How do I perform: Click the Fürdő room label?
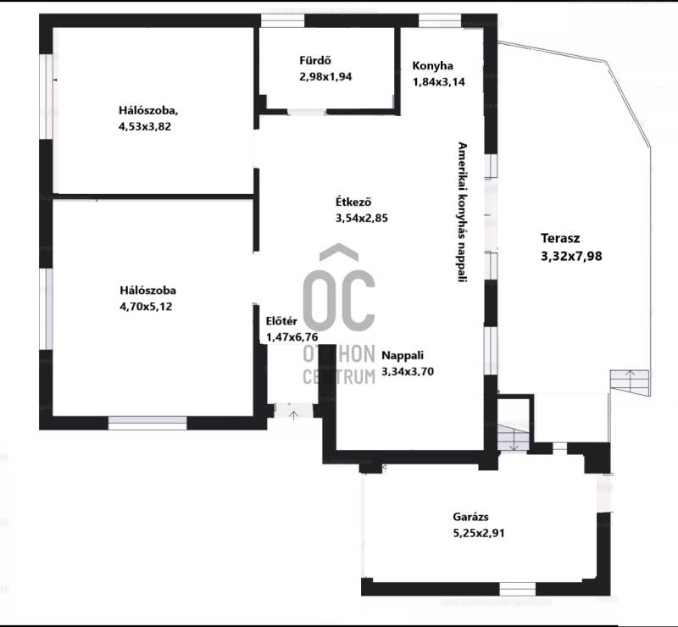[x=315, y=60]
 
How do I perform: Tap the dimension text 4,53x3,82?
[x=144, y=127]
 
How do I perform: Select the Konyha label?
[x=432, y=66]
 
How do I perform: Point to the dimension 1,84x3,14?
[x=439, y=81]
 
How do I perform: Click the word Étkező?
[x=353, y=202]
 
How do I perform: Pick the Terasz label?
[x=560, y=238]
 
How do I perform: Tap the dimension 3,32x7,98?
[x=571, y=257]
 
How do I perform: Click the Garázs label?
[x=471, y=517]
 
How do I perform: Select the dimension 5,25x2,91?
[x=479, y=533]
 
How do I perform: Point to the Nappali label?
[x=403, y=356]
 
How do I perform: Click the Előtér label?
[x=281, y=321]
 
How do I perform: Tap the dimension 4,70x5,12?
[x=146, y=307]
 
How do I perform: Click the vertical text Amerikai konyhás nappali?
[x=463, y=212]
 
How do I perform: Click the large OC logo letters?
[x=339, y=301]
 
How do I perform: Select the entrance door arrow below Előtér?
[x=294, y=415]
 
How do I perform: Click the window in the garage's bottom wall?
[x=518, y=589]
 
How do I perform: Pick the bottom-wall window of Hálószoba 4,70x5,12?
[x=147, y=423]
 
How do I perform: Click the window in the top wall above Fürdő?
[x=283, y=20]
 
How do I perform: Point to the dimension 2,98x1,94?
[x=325, y=77]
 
